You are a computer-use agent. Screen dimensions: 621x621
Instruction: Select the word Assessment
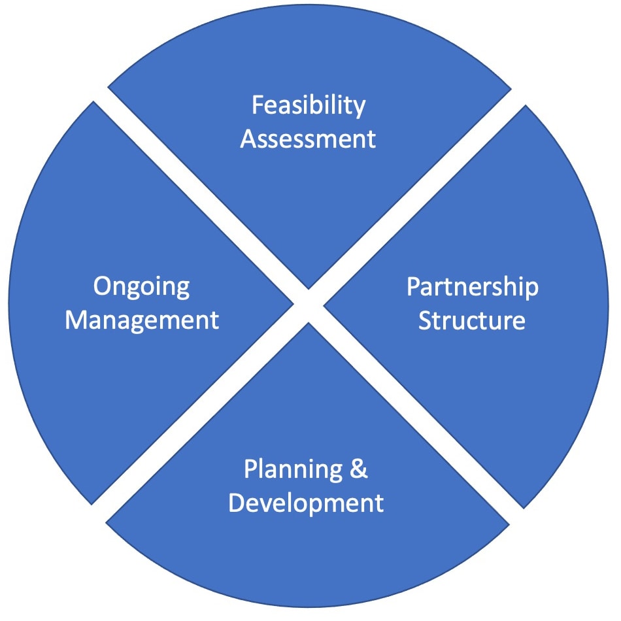tap(309, 139)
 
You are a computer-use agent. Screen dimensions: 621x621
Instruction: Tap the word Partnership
tap(472, 287)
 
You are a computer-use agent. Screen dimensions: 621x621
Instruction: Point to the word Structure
tap(472, 321)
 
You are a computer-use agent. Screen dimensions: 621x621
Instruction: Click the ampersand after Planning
tap(359, 469)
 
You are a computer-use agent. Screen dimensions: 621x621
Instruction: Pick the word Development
tap(306, 503)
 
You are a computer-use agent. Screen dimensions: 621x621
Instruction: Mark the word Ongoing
tap(141, 287)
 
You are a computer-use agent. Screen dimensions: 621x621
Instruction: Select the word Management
tap(141, 321)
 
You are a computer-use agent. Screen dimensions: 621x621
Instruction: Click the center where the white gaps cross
tap(309, 305)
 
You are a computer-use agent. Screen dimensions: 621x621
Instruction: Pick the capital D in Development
tap(238, 503)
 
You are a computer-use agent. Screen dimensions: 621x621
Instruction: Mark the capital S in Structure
tap(426, 321)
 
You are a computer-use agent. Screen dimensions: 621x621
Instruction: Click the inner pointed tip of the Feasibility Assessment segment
tap(309, 287)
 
